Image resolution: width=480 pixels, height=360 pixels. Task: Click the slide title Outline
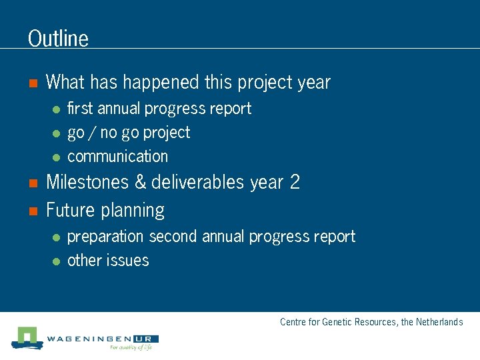(58, 39)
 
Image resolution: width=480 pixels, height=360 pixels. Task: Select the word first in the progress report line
(81, 109)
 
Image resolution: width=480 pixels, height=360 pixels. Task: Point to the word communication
(118, 157)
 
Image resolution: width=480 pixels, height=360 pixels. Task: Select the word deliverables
(198, 183)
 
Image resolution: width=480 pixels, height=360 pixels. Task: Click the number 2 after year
(295, 183)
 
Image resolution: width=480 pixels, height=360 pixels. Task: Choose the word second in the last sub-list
(173, 237)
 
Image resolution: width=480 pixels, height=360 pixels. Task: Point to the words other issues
(108, 261)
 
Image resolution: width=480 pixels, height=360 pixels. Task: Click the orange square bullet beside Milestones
(31, 183)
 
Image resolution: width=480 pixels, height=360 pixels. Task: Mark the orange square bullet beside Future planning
(31, 211)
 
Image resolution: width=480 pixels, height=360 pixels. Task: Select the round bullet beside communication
(57, 157)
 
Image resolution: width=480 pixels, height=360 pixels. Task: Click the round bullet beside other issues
(57, 261)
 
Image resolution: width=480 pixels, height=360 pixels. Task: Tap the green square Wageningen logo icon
(26, 337)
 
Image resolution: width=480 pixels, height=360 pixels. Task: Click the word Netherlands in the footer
(439, 322)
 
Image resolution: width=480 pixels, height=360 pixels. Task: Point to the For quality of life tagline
(131, 347)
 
